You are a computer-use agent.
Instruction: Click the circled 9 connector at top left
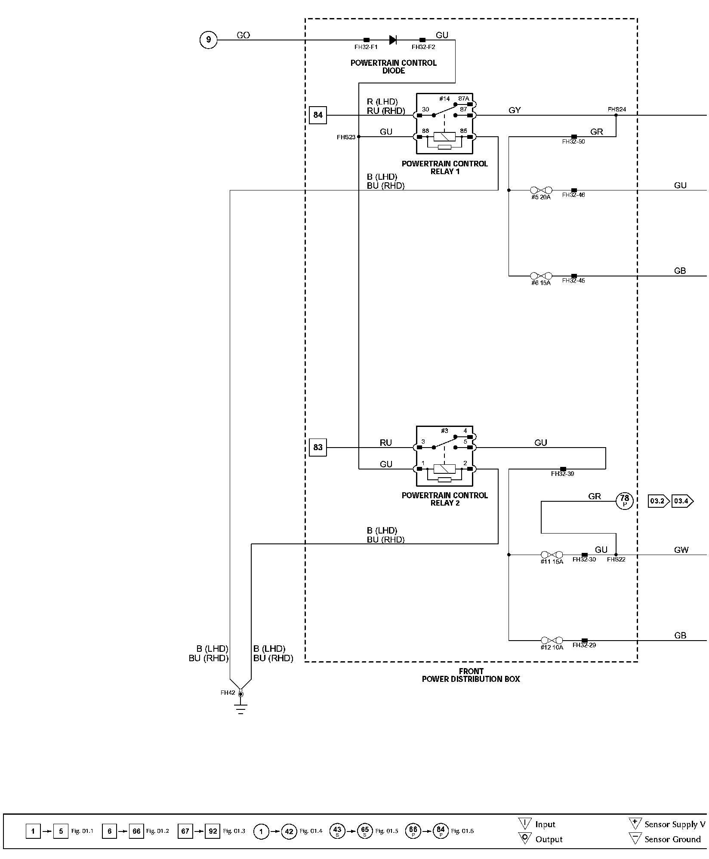click(209, 40)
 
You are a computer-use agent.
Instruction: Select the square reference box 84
click(318, 115)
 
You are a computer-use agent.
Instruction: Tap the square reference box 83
click(318, 447)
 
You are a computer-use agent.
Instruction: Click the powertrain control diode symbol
click(392, 40)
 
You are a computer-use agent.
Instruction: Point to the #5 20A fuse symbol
click(541, 190)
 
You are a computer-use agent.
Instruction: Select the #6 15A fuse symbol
click(541, 276)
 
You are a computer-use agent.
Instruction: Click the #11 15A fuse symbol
click(552, 555)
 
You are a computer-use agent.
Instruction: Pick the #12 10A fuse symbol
click(552, 640)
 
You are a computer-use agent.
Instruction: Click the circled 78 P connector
click(624, 501)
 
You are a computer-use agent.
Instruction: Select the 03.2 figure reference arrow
click(658, 501)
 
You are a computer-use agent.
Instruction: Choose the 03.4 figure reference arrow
click(682, 501)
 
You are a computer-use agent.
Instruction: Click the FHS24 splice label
click(617, 109)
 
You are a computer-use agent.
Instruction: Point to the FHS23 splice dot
click(359, 137)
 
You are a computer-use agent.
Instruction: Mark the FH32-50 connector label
click(573, 141)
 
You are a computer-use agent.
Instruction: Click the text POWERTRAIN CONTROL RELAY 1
click(445, 167)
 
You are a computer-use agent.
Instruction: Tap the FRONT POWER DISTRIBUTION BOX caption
click(471, 675)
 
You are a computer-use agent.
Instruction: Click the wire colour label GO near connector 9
click(243, 35)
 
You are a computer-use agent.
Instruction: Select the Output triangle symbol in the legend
click(525, 838)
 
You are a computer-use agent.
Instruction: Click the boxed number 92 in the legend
click(213, 831)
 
